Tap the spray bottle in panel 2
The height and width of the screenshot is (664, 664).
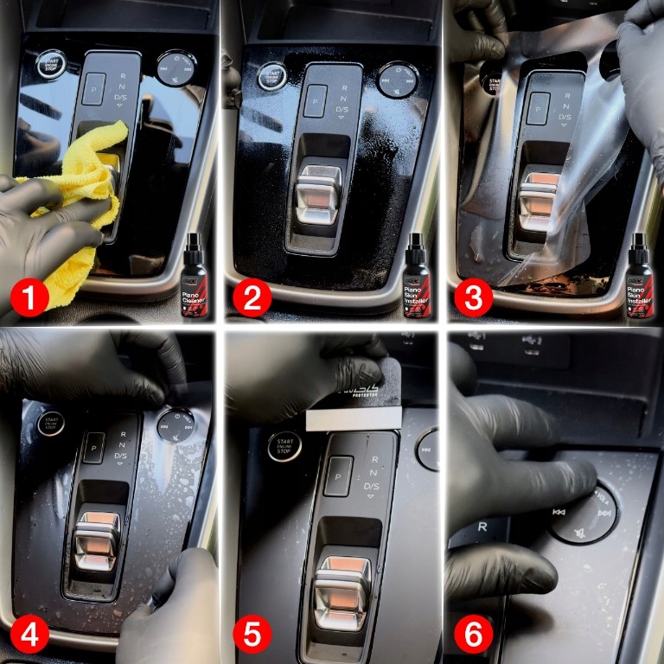[x=418, y=276]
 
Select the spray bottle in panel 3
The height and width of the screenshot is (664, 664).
[x=640, y=276]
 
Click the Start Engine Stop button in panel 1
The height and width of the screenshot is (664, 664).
[x=49, y=63]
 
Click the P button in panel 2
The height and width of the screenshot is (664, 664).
[x=317, y=95]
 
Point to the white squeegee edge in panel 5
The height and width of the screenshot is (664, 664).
[x=354, y=420]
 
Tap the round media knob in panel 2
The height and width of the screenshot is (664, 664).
[x=397, y=79]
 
